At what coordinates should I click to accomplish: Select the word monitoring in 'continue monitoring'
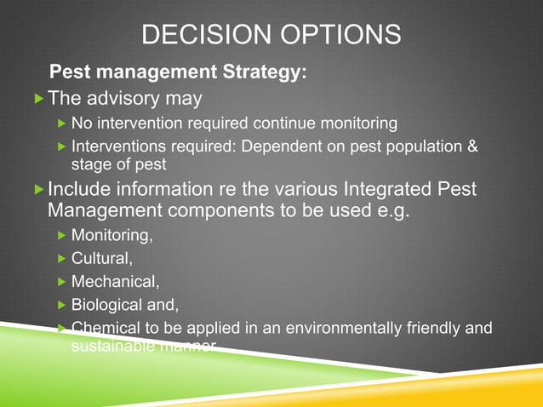tap(357, 123)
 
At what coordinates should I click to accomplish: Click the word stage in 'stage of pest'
tap(90, 163)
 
